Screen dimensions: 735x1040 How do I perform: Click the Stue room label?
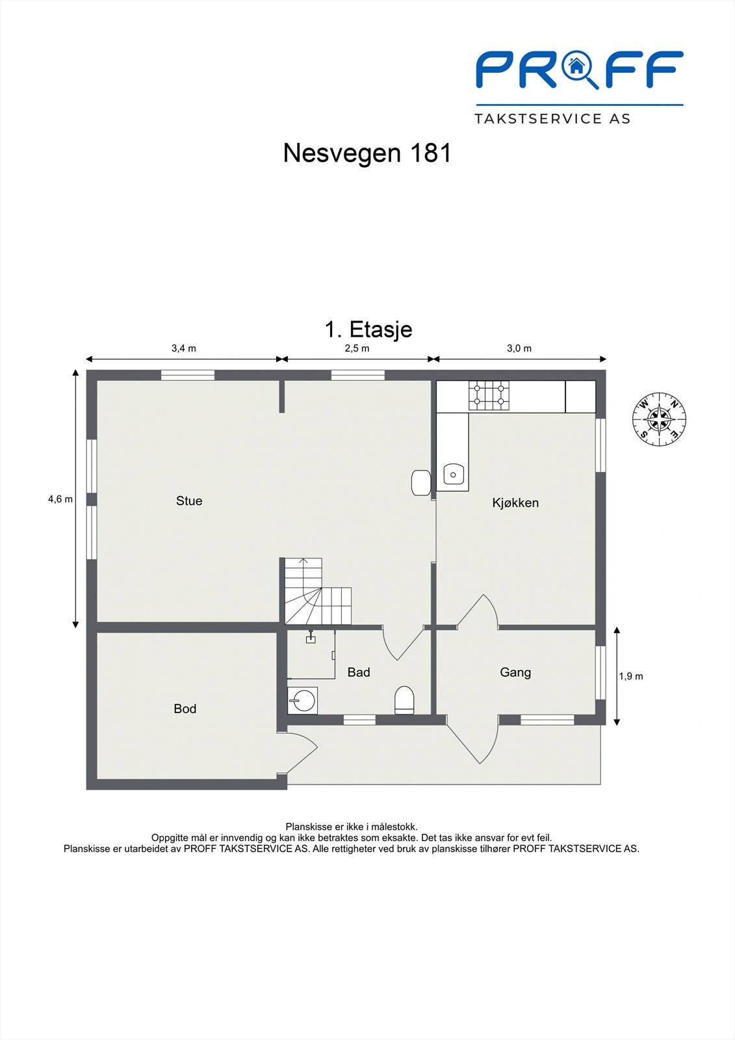pyautogui.click(x=189, y=500)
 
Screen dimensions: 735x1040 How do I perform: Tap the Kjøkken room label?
pyautogui.click(x=515, y=502)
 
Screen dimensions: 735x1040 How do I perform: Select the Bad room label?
pyautogui.click(x=359, y=672)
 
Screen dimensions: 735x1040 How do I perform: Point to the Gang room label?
pyautogui.click(x=515, y=672)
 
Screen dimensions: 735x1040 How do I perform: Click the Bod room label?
pyautogui.click(x=185, y=708)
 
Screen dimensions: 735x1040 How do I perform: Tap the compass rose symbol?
pyautogui.click(x=659, y=419)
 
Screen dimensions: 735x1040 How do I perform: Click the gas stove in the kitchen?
pyautogui.click(x=489, y=396)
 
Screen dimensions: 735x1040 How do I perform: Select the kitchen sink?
pyautogui.click(x=453, y=474)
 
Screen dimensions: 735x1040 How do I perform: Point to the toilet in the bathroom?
pyautogui.click(x=404, y=699)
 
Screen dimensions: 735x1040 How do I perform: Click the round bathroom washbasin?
pyautogui.click(x=302, y=700)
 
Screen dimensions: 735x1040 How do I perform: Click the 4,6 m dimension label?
pyautogui.click(x=60, y=499)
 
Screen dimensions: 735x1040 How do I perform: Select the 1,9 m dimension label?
pyautogui.click(x=630, y=677)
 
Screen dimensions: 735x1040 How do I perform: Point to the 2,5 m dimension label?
pyautogui.click(x=357, y=348)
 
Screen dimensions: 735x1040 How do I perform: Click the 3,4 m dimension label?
pyautogui.click(x=183, y=348)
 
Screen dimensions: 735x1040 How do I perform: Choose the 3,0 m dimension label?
pyautogui.click(x=519, y=348)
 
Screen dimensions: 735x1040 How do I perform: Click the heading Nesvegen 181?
pyautogui.click(x=367, y=153)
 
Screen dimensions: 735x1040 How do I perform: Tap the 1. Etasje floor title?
pyautogui.click(x=368, y=329)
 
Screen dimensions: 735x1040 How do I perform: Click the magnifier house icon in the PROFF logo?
pyautogui.click(x=580, y=69)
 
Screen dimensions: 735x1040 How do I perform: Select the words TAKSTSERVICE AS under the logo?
pyautogui.click(x=552, y=119)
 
